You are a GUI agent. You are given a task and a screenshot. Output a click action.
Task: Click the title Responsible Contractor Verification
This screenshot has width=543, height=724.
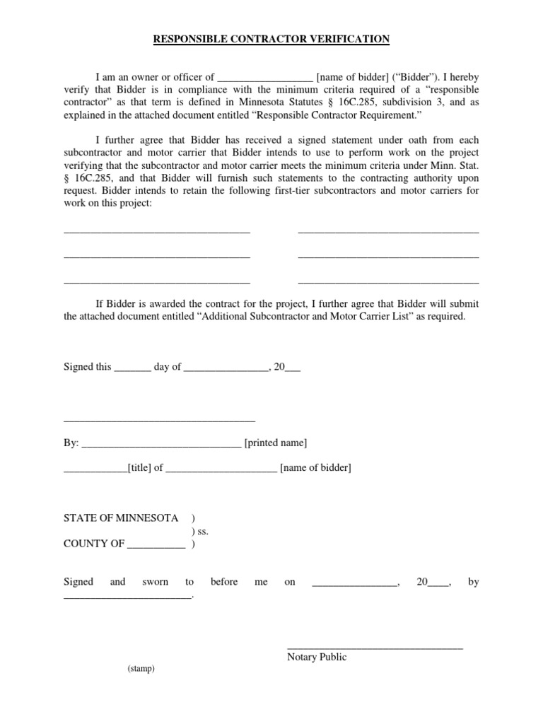tap(271, 39)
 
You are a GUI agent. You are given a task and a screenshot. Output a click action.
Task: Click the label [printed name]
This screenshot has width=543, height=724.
tap(275, 443)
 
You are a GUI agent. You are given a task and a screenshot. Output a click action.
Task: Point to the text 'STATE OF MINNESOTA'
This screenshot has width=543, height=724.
tap(121, 518)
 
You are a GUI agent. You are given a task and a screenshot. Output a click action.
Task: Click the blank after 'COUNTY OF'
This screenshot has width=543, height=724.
tap(156, 545)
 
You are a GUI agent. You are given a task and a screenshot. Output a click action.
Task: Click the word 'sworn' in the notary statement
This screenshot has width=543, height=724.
tap(156, 582)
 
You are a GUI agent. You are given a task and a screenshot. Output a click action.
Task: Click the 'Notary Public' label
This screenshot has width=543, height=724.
tap(317, 657)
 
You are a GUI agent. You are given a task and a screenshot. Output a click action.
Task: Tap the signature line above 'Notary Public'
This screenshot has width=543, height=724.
tap(375, 646)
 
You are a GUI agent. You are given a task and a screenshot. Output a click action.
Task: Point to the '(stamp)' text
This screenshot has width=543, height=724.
tap(141, 669)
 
